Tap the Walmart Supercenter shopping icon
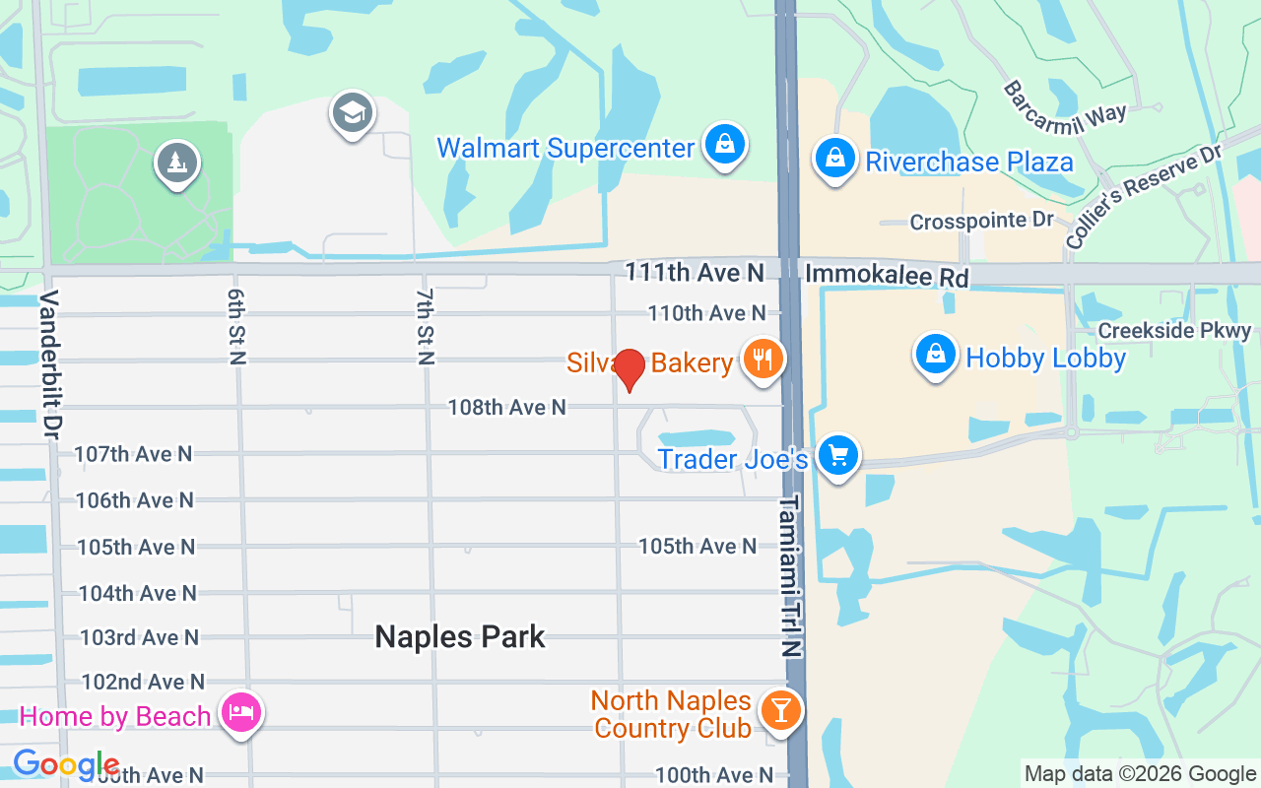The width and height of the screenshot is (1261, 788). [x=725, y=146]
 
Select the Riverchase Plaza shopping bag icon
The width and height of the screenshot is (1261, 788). [x=834, y=159]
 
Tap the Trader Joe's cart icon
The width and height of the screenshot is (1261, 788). [x=837, y=456]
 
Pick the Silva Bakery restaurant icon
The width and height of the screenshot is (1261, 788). [x=762, y=360]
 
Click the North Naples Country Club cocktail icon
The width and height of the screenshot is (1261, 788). [x=780, y=710]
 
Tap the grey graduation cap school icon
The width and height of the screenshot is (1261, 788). [x=352, y=113]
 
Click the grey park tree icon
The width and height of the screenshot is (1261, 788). [x=177, y=164]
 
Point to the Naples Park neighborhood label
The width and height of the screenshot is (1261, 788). [x=460, y=636]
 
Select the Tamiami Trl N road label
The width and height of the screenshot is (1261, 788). [x=791, y=576]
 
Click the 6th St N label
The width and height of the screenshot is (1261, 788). [x=236, y=327]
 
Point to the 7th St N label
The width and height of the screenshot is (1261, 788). [x=426, y=327]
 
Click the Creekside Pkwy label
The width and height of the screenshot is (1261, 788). [x=1174, y=331]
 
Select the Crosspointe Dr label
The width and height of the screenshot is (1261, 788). [x=981, y=221]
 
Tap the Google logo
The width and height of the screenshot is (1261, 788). [x=66, y=764]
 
